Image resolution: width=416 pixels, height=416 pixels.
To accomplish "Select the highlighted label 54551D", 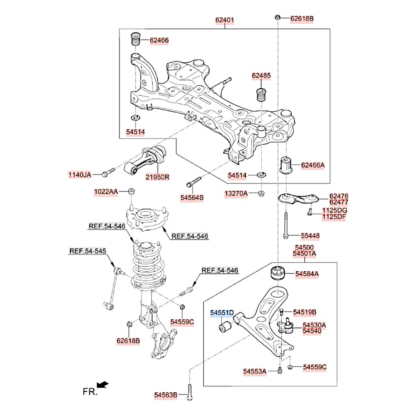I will [x=222, y=313].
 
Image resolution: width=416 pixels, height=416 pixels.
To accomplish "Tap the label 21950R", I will [x=157, y=177].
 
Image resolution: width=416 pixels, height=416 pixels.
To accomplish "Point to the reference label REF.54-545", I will [x=88, y=251].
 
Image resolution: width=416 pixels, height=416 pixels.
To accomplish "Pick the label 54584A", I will [x=307, y=274].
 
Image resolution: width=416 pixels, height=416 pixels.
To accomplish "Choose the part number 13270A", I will [x=236, y=193].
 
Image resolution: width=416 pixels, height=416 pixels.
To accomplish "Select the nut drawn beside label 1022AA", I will [x=131, y=191].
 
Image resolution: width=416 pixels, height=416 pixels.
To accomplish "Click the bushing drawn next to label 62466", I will [x=136, y=40].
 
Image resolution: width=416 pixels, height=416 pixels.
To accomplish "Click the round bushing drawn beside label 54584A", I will [x=277, y=273].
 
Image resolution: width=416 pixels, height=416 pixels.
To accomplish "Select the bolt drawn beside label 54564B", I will [x=194, y=182].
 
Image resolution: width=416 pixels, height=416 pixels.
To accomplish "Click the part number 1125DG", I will [x=334, y=211].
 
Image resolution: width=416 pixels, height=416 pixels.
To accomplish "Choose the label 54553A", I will [x=255, y=371].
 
